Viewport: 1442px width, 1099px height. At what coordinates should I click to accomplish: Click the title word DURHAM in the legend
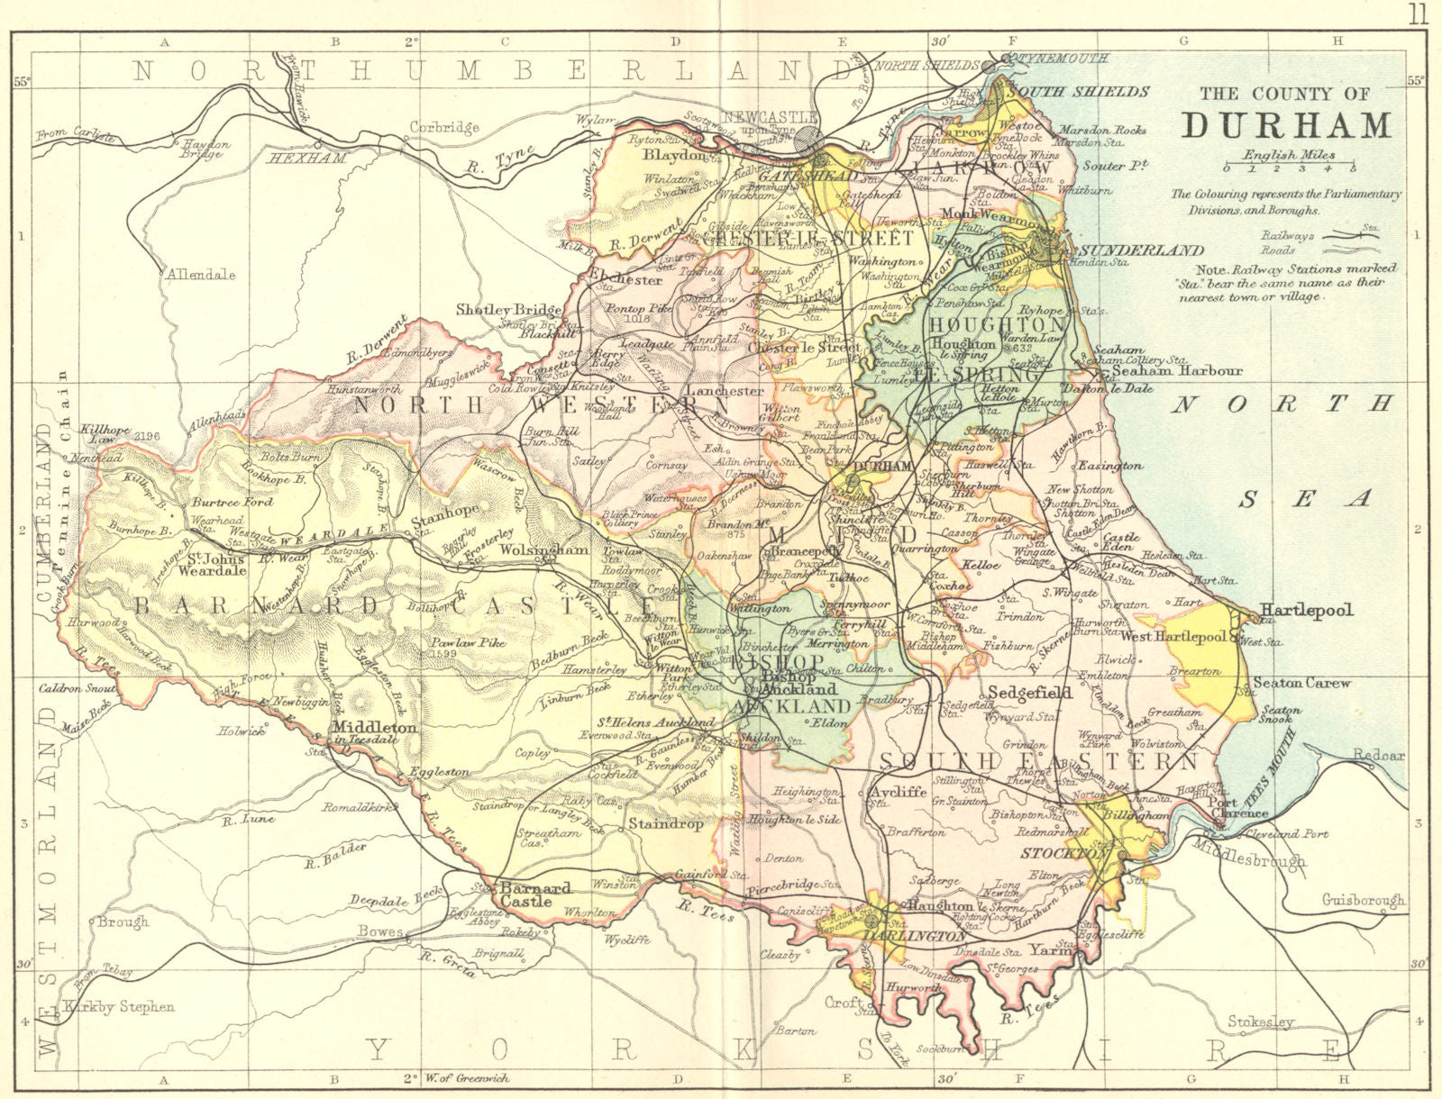(x=1286, y=124)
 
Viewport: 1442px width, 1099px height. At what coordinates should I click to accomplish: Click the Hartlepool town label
(x=1306, y=610)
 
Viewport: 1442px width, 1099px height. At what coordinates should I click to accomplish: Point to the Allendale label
(x=199, y=274)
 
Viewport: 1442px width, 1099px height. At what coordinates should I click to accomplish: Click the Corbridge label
(x=444, y=127)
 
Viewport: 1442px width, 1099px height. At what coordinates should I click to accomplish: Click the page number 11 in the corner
(x=1419, y=14)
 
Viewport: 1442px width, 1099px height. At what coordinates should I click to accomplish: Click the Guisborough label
(x=1363, y=899)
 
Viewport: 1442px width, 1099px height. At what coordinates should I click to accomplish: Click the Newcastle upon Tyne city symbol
(x=808, y=138)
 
